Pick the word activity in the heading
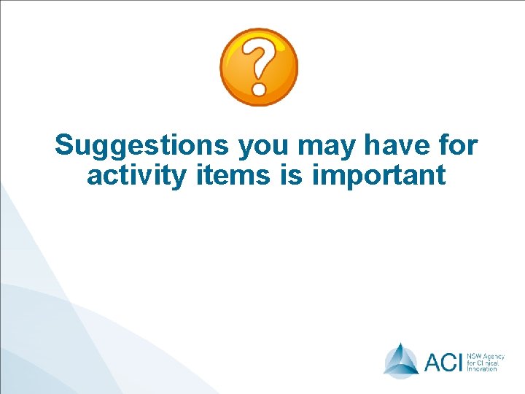(x=136, y=177)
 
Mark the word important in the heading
(x=378, y=176)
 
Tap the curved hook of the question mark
(x=259, y=58)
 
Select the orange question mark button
(x=259, y=67)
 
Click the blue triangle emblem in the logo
(x=401, y=360)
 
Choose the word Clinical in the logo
(x=488, y=361)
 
